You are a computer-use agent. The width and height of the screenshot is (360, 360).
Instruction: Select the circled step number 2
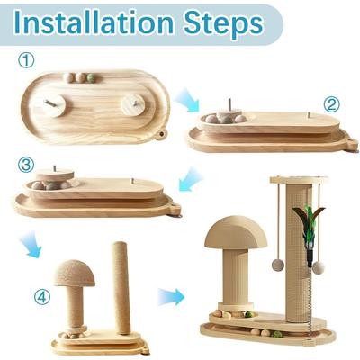click(x=331, y=103)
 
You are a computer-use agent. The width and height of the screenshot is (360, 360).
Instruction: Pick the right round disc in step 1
click(x=136, y=103)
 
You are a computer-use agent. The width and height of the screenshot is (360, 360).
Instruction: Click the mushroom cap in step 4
click(x=73, y=273)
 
